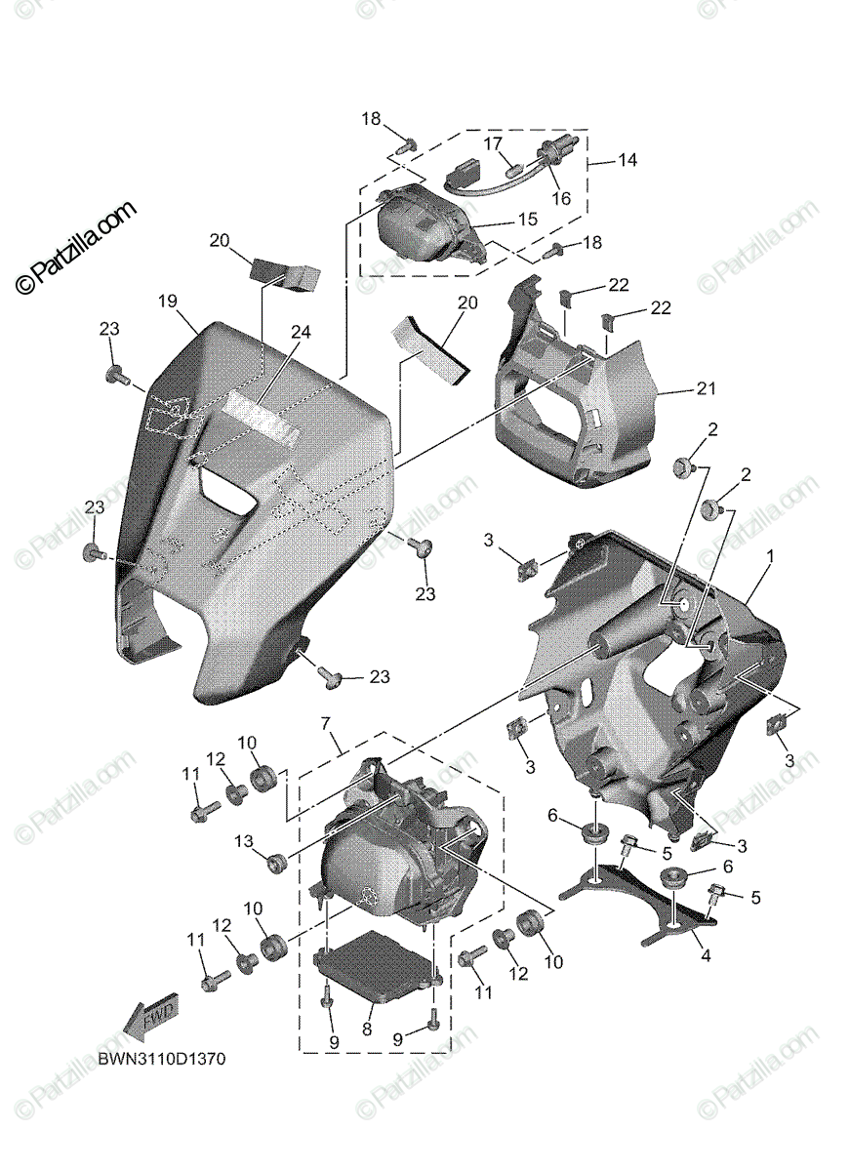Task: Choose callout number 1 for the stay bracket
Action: pyautogui.click(x=770, y=555)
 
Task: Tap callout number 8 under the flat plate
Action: pyautogui.click(x=368, y=1028)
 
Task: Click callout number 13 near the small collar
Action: pyautogui.click(x=243, y=842)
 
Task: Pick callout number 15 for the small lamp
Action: pyautogui.click(x=527, y=221)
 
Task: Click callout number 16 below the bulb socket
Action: pyautogui.click(x=562, y=198)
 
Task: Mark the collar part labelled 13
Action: pyautogui.click(x=276, y=861)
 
